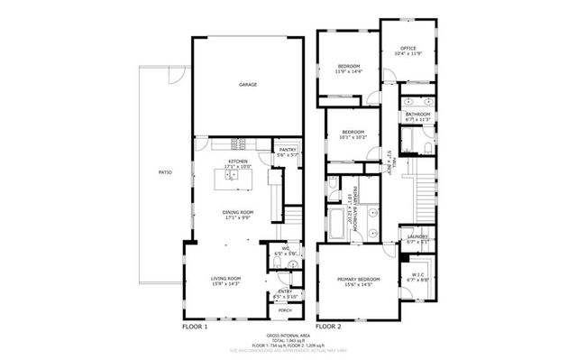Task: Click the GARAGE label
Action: coord(248,85)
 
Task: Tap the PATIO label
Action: coord(165,171)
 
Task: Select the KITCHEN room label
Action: coord(238,162)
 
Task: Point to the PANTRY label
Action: coord(288,150)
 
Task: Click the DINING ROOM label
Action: coord(238,213)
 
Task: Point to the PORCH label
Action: coord(285,310)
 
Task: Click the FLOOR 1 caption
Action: coord(195,326)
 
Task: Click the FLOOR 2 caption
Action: coord(328,326)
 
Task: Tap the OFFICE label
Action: coord(408,48)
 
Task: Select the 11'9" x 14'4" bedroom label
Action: coord(350,68)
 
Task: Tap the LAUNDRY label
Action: coord(417,237)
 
